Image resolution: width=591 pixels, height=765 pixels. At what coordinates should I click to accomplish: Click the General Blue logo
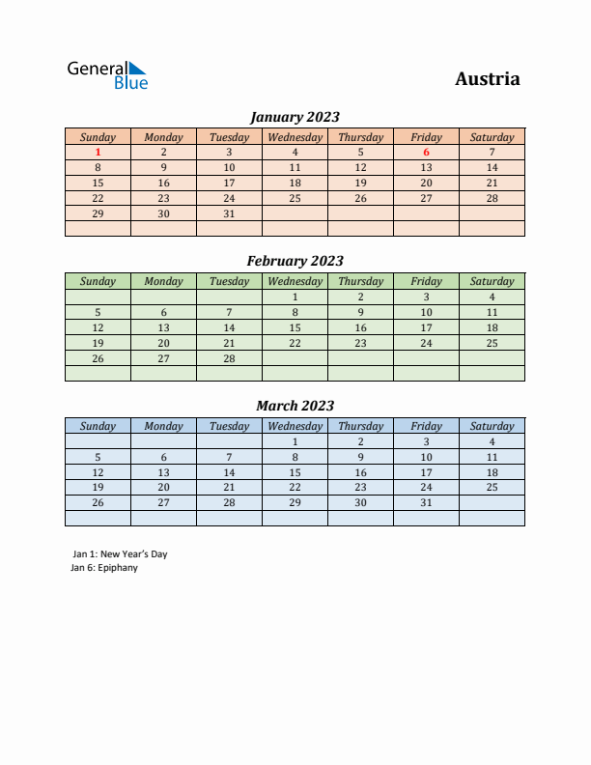106,74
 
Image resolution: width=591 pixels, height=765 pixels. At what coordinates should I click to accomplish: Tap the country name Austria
487,79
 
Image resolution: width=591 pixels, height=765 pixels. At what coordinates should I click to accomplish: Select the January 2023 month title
295,117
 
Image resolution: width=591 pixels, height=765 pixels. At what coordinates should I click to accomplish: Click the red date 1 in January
98,152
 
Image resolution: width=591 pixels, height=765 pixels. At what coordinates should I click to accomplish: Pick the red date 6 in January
426,152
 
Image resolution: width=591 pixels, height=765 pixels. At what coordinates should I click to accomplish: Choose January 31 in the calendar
229,213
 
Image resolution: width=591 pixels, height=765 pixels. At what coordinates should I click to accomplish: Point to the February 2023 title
295,261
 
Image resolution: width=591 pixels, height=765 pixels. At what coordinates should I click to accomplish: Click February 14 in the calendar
229,327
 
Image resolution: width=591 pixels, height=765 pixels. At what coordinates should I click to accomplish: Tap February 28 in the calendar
229,358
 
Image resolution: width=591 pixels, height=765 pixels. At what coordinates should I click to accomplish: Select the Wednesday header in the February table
295,281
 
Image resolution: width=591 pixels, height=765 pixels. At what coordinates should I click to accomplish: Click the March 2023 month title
295,406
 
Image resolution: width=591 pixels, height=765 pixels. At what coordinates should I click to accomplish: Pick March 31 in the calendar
426,502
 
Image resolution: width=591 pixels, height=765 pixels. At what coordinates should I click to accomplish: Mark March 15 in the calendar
295,472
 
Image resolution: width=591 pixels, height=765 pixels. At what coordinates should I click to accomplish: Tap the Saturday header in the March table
492,426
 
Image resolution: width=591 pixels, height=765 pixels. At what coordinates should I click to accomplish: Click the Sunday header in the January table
98,137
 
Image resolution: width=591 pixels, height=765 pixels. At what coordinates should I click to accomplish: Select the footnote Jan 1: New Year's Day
120,554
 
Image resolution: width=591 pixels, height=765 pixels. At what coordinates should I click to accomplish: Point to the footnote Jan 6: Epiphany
104,568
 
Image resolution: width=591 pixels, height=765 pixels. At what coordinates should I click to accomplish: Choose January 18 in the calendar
295,183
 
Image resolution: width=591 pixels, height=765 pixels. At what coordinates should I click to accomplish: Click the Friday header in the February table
426,281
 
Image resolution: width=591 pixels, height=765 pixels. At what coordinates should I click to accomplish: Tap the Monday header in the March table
163,426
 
